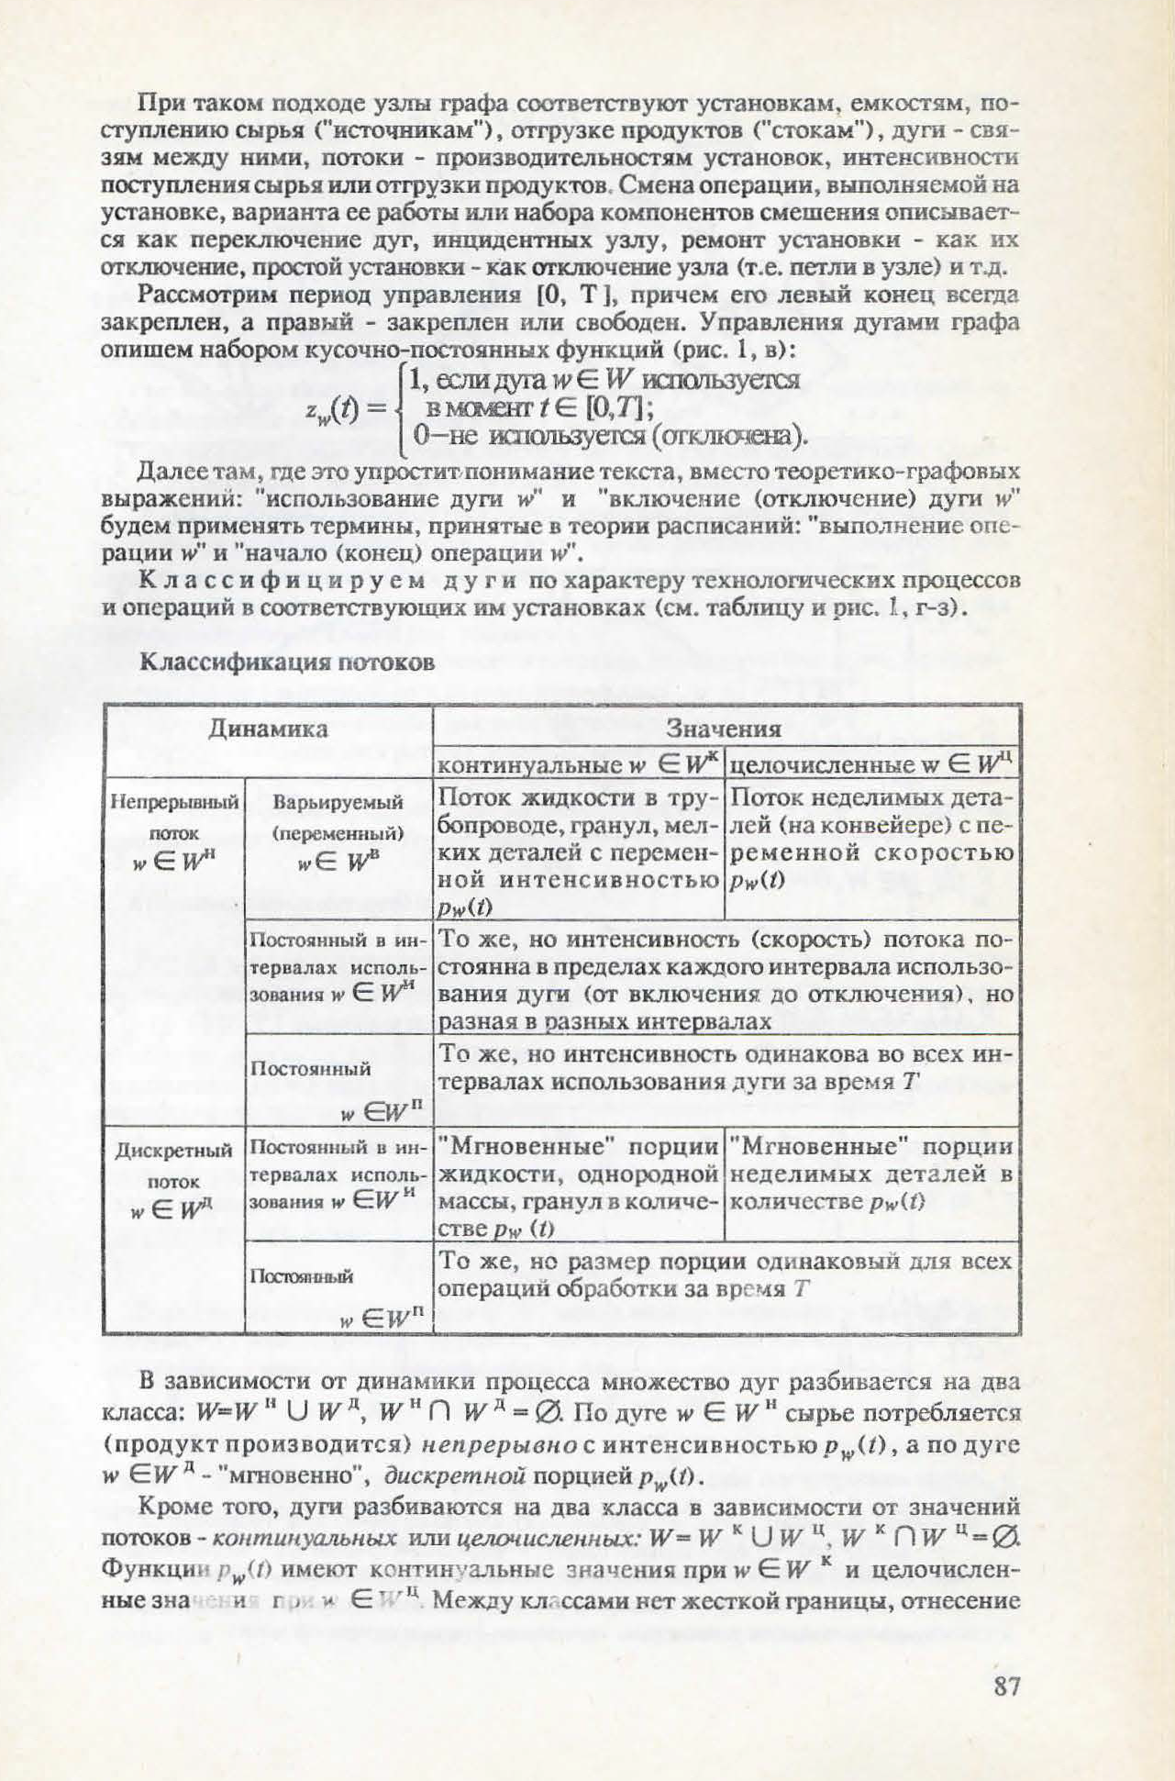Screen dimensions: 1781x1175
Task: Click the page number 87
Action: [x=1006, y=1686]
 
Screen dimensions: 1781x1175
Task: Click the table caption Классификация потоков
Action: [x=286, y=662]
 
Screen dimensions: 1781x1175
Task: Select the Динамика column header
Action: [x=267, y=729]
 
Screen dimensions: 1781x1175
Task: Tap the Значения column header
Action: [x=724, y=729]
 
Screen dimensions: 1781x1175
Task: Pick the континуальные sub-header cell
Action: [x=578, y=763]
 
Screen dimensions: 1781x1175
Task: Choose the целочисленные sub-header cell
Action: [x=871, y=763]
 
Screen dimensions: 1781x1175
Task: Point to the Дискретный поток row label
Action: [x=174, y=1178]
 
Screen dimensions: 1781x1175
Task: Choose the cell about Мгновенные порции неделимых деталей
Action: [x=871, y=1174]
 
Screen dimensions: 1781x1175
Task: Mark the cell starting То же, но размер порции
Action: [x=725, y=1275]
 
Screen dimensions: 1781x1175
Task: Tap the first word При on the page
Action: [x=156, y=103]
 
